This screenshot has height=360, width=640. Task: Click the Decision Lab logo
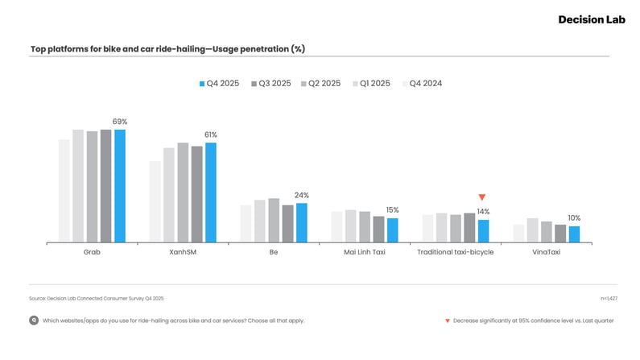(x=591, y=19)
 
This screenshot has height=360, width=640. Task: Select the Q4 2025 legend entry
(x=220, y=83)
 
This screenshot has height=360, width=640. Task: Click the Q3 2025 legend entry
(x=270, y=83)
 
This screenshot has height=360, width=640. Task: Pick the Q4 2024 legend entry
(x=421, y=83)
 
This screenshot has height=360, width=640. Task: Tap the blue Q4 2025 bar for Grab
(x=120, y=185)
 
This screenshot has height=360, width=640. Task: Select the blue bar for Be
(x=302, y=222)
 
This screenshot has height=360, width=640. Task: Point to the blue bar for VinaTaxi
(x=574, y=234)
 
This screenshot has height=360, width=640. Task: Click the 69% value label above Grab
(x=120, y=122)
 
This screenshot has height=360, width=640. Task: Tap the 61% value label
(x=211, y=134)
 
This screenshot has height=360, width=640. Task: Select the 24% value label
(x=302, y=195)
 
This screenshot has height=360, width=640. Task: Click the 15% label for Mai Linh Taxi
(x=392, y=210)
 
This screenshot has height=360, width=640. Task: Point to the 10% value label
(x=574, y=218)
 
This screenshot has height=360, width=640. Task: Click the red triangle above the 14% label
(x=482, y=197)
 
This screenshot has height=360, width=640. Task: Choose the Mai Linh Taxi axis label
(x=365, y=252)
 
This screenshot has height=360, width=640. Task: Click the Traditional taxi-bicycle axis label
(x=455, y=252)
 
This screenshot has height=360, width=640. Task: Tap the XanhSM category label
(x=183, y=252)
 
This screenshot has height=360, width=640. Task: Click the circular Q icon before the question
(x=34, y=321)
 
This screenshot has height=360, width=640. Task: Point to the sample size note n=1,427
(x=609, y=298)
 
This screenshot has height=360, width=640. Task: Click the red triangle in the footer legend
(x=448, y=321)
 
